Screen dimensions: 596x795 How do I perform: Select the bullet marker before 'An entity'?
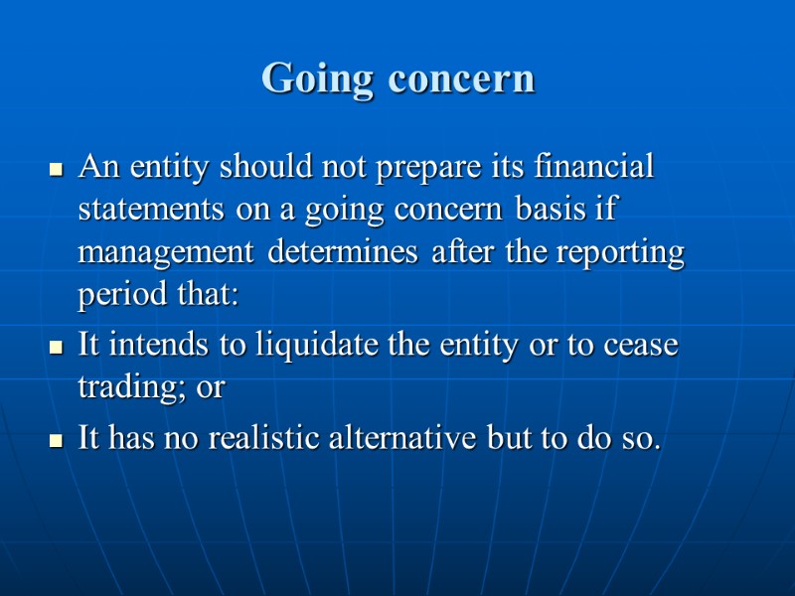coord(57,170)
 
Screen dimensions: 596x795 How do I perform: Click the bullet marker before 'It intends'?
coord(57,349)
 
